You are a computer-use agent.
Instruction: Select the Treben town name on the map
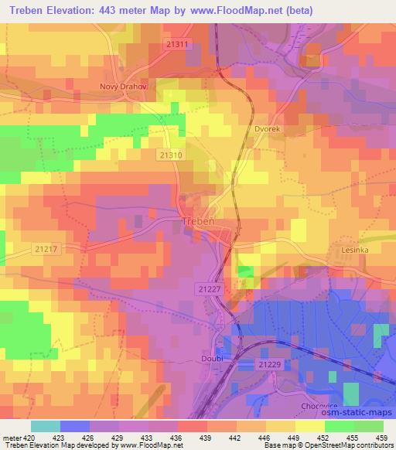197,222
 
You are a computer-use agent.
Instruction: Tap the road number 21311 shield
177,45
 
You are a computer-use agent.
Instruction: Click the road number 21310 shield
170,155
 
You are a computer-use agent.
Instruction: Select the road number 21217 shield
46,248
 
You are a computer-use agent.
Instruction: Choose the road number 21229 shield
269,363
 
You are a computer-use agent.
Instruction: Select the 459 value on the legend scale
382,437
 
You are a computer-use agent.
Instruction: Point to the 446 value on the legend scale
265,437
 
